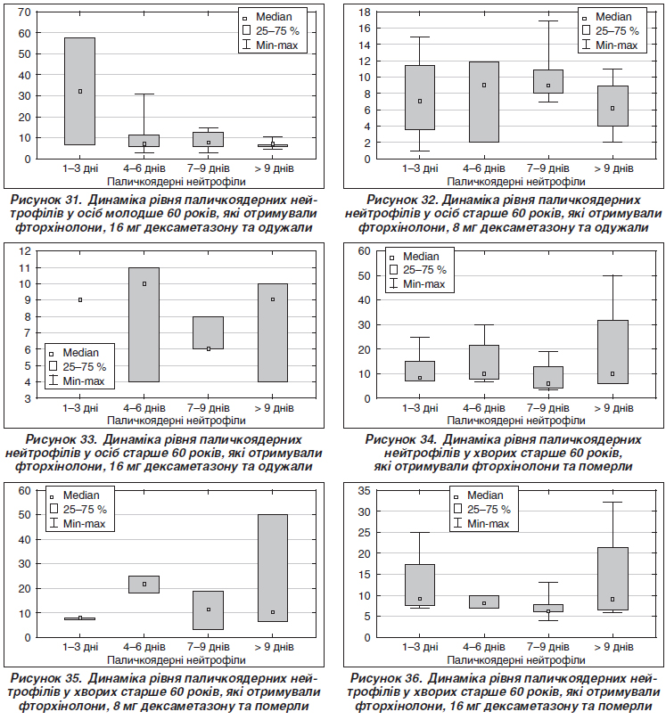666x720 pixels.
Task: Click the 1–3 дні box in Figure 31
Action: pyautogui.click(x=80, y=92)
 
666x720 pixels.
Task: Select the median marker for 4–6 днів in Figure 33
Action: pyautogui.click(x=144, y=283)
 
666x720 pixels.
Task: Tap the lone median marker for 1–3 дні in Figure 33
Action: pyautogui.click(x=80, y=299)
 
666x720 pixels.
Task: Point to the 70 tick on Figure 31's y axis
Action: pyautogui.click(x=24, y=12)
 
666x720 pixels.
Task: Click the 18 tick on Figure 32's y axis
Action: pyautogui.click(x=365, y=12)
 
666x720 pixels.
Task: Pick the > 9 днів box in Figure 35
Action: pyautogui.click(x=273, y=568)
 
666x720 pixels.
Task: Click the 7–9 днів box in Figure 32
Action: pyautogui.click(x=548, y=81)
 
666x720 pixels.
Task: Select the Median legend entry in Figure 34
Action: pyautogui.click(x=415, y=257)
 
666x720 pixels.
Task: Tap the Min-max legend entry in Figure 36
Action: pyautogui.click(x=481, y=523)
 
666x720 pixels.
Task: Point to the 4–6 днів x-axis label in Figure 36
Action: pyautogui.click(x=483, y=647)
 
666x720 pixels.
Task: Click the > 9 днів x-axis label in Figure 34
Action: pyautogui.click(x=613, y=408)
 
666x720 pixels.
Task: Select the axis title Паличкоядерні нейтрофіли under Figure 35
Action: pyautogui.click(x=177, y=659)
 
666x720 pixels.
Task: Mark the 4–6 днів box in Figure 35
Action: pyautogui.click(x=144, y=585)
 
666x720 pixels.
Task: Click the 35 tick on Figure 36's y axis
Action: pyautogui.click(x=365, y=490)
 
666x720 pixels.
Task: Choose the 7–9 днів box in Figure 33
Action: pyautogui.click(x=209, y=333)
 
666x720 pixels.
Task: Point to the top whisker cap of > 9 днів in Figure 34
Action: pyautogui.click(x=613, y=275)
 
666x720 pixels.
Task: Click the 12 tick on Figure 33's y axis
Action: pyautogui.click(x=24, y=250)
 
